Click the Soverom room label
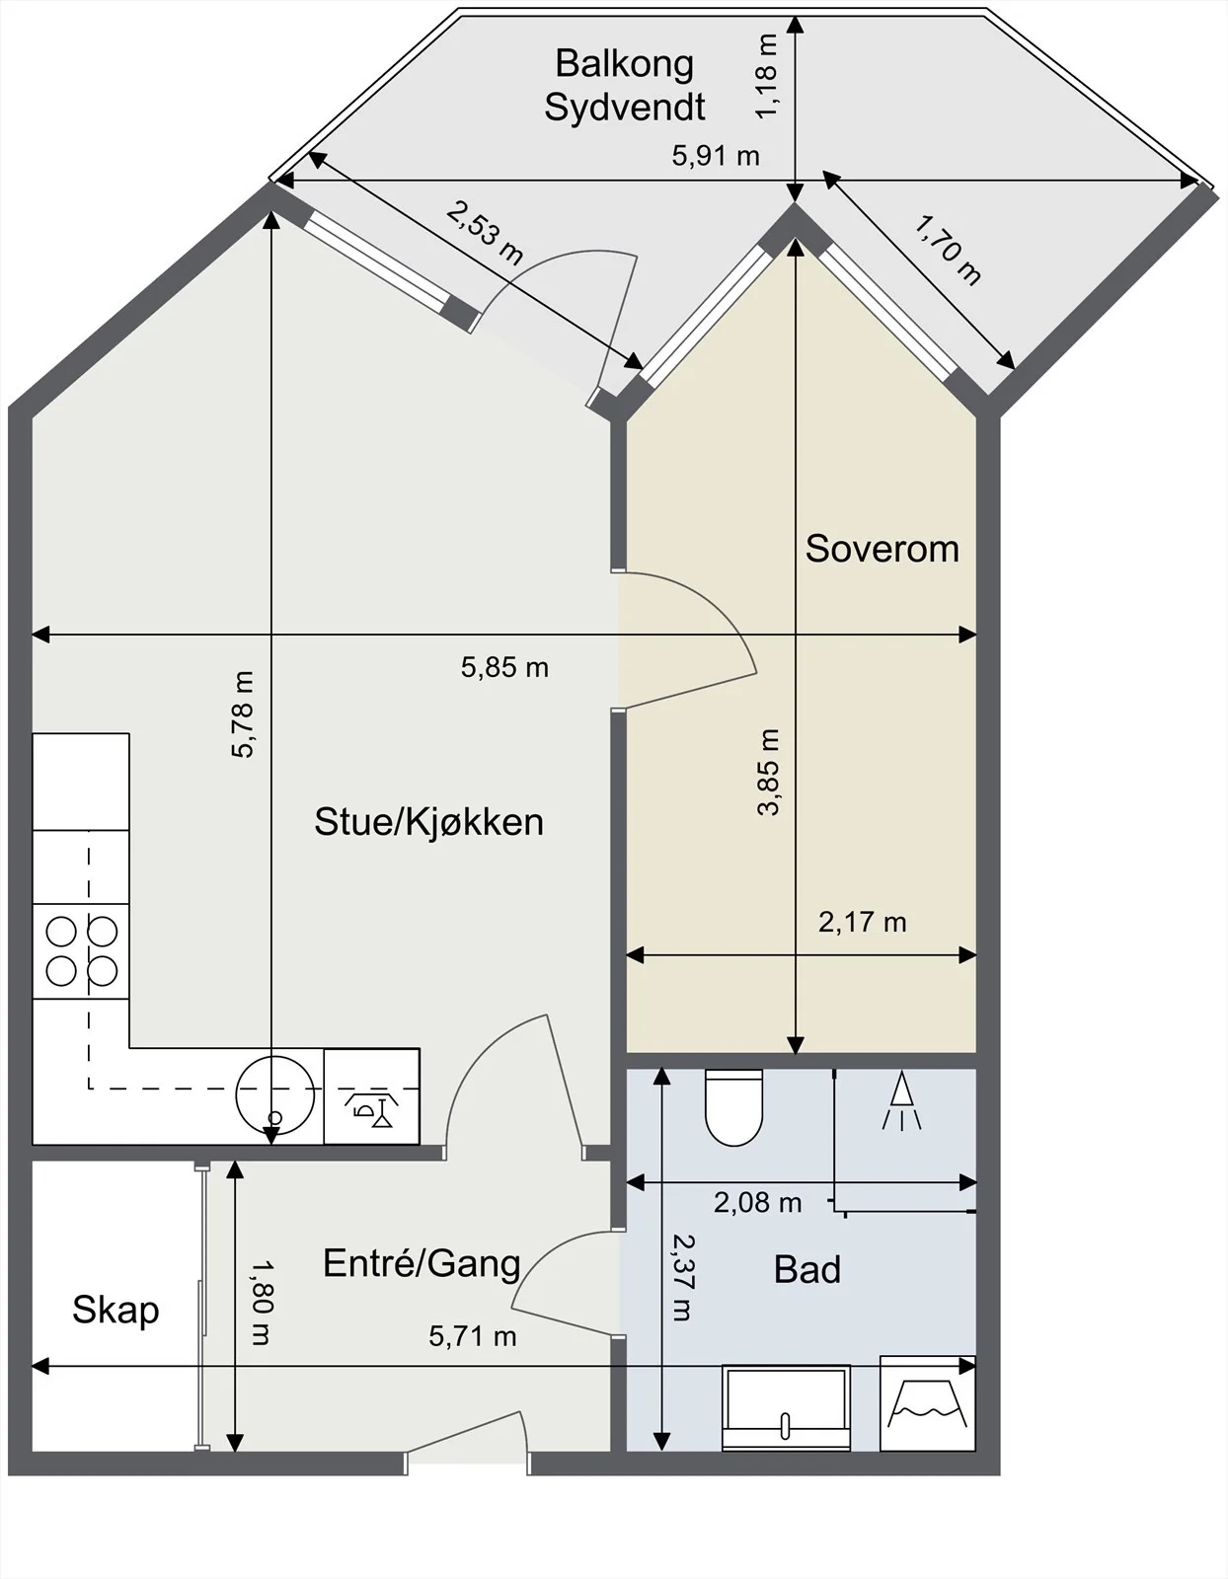tap(882, 550)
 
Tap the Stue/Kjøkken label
tap(428, 823)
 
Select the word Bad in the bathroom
tap(806, 1269)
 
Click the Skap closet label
tap(115, 1311)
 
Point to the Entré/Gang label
tap(422, 1263)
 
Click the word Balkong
tap(624, 65)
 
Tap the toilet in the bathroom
tap(733, 1106)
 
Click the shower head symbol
tap(901, 1099)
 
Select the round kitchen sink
tap(274, 1095)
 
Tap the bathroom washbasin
tap(786, 1407)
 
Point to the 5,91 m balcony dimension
tap(715, 156)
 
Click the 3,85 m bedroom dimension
tap(768, 773)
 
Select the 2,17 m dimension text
tap(862, 922)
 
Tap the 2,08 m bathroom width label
tap(757, 1203)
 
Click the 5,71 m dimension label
tap(472, 1336)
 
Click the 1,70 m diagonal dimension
tap(947, 250)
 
